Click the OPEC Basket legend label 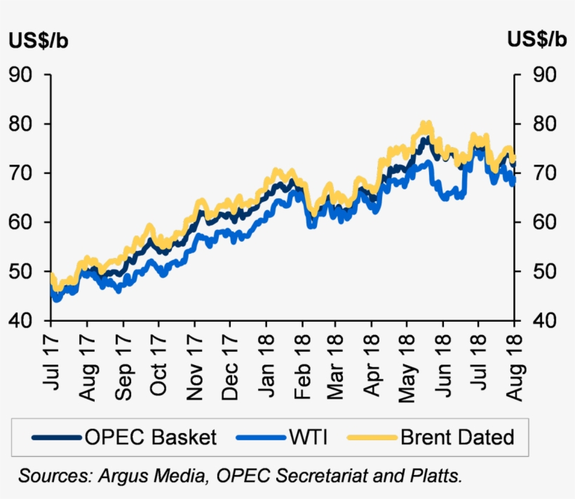151,438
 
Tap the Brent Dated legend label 457,438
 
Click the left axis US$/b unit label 38,41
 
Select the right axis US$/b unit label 536,41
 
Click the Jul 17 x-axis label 51,364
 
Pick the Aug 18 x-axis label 515,364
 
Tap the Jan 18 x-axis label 265,364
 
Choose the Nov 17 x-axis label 194,364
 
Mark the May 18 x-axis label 407,364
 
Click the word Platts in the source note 438,477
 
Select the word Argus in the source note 117,477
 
